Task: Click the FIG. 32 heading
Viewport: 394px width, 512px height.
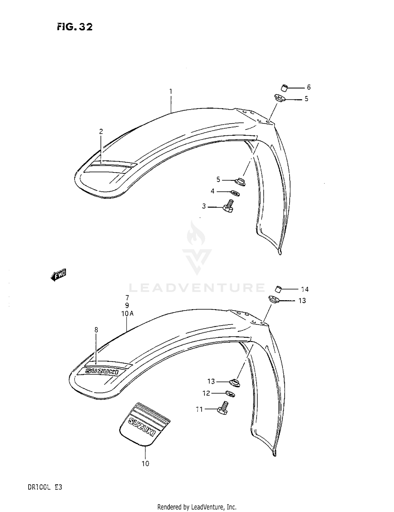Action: click(75, 27)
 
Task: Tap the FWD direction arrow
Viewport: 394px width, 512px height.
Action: click(59, 275)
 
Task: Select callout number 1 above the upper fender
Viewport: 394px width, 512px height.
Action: click(171, 92)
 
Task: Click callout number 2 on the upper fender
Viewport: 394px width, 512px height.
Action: click(101, 132)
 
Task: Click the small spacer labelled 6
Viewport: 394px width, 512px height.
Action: click(284, 88)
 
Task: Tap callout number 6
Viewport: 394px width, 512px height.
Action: click(309, 87)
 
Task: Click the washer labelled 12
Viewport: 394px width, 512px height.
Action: click(230, 394)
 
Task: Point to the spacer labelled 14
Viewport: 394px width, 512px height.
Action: click(278, 289)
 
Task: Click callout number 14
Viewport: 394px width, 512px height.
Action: click(305, 289)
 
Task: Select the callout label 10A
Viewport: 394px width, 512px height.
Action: click(127, 314)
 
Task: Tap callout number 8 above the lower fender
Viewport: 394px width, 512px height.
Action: click(96, 330)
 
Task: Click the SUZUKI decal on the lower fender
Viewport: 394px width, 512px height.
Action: click(102, 372)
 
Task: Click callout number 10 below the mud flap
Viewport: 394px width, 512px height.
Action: click(145, 464)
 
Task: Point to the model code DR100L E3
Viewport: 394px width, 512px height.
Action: click(45, 487)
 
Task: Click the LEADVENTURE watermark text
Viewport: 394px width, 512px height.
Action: click(197, 288)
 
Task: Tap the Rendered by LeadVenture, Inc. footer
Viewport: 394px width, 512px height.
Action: click(197, 507)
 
